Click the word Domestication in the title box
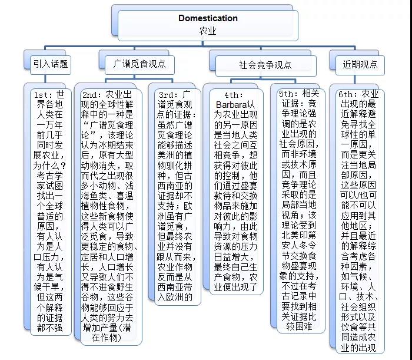208,18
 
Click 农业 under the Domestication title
208,31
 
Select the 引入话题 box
51,64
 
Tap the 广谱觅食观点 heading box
139,64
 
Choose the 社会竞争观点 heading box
265,65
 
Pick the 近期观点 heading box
360,65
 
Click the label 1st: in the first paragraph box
45,95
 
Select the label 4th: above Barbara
234,95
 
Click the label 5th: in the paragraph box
290,93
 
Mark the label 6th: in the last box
349,94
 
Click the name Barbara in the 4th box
231,105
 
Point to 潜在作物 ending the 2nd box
107,333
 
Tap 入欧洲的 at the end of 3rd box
175,297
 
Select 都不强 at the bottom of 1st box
49,328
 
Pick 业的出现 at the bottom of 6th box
358,348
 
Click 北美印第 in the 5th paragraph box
299,235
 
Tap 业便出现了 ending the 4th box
235,287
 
